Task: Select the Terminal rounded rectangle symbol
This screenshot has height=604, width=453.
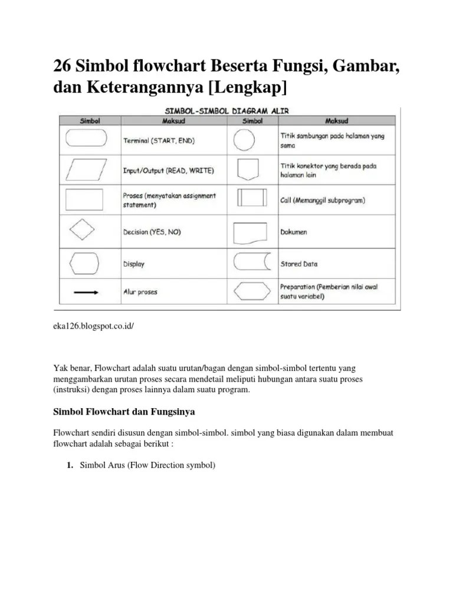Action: pyautogui.click(x=86, y=139)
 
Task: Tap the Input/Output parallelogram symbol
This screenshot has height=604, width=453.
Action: pyautogui.click(x=86, y=170)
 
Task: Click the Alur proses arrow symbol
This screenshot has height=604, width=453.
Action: pyautogui.click(x=86, y=291)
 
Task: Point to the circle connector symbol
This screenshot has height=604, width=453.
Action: pyautogui.click(x=245, y=140)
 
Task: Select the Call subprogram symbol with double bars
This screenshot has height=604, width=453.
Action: pyautogui.click(x=251, y=199)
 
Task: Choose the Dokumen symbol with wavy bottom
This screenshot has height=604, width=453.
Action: pyautogui.click(x=252, y=232)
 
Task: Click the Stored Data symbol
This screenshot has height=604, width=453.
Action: pyautogui.click(x=252, y=263)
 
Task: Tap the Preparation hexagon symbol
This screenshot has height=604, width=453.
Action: pyautogui.click(x=252, y=292)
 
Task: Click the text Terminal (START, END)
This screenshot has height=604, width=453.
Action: pyautogui.click(x=159, y=141)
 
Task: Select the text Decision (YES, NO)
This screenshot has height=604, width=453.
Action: pyautogui.click(x=152, y=232)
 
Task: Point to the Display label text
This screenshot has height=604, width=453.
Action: pyautogui.click(x=134, y=264)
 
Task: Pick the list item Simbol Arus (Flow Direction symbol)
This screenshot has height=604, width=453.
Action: pyautogui.click(x=147, y=465)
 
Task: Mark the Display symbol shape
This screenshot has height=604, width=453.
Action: pyautogui.click(x=86, y=262)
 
